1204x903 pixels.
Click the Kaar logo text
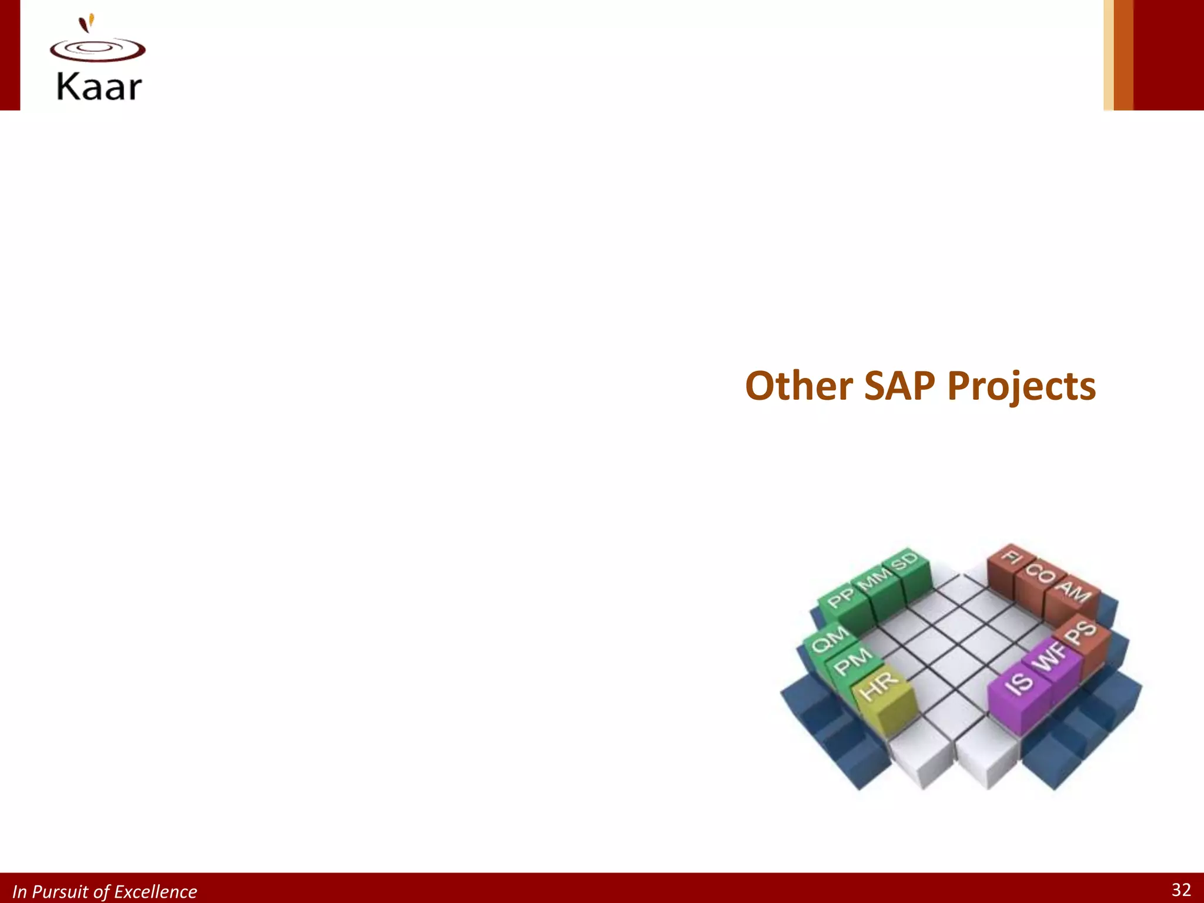[x=99, y=87]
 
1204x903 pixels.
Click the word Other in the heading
[x=798, y=386]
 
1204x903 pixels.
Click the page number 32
[x=1181, y=889]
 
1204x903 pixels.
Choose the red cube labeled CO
[x=1041, y=574]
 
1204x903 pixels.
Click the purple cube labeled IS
[x=1019, y=684]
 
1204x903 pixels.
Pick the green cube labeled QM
[x=830, y=639]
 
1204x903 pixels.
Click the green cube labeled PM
[x=852, y=662]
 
